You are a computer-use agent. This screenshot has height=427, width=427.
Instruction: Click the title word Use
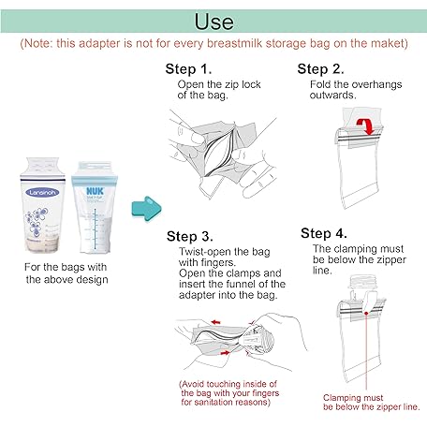[x=213, y=22]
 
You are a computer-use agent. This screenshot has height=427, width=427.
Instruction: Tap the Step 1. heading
[x=188, y=69]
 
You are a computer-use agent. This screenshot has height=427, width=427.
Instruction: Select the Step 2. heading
[x=320, y=69]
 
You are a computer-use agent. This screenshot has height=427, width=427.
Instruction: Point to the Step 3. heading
[x=190, y=236]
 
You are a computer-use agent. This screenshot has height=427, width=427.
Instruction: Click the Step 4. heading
[x=324, y=233]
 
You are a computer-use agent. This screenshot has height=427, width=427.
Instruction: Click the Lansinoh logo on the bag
[x=42, y=192]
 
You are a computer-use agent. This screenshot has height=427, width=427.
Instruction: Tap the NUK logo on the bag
[x=95, y=191]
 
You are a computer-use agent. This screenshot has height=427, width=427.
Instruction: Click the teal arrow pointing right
[x=146, y=209]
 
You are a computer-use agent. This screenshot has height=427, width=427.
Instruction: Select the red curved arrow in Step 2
[x=366, y=126]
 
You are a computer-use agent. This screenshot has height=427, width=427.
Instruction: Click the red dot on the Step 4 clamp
[x=366, y=313]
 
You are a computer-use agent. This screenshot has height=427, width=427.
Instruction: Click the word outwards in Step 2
[x=332, y=95]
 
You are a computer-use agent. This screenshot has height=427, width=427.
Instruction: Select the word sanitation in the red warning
[x=211, y=402]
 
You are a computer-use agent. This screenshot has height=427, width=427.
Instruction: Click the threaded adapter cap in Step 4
[x=363, y=283]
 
